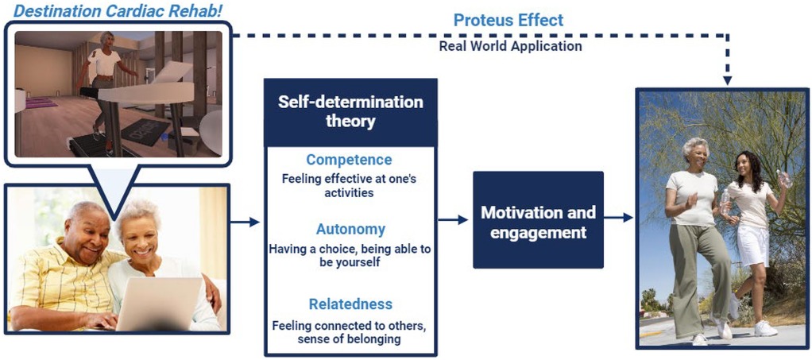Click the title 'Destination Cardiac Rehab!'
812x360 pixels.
click(118, 10)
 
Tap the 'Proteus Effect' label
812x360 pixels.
click(508, 21)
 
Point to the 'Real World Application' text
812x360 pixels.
click(511, 46)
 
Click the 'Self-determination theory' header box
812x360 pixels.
click(350, 112)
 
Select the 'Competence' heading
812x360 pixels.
click(349, 160)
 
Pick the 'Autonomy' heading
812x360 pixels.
click(350, 229)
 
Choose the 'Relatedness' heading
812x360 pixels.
click(350, 304)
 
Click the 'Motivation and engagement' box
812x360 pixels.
click(538, 220)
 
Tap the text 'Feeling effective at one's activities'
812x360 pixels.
click(349, 186)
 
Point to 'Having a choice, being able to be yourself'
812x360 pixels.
click(350, 256)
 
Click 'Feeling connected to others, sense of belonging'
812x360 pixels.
click(350, 332)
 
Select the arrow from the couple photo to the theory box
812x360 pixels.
click(245, 223)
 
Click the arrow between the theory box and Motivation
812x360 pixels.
click(453, 220)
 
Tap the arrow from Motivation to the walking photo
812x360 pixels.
click(618, 218)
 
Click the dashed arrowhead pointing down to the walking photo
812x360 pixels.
click(728, 81)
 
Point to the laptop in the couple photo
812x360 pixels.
click(158, 304)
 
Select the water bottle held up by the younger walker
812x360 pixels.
click(784, 179)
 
